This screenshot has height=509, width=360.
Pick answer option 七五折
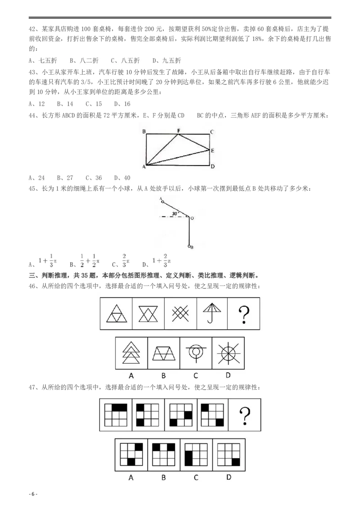click(x=42, y=60)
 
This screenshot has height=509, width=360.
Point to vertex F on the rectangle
click(x=179, y=131)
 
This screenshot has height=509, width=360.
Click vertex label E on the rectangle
click(x=212, y=151)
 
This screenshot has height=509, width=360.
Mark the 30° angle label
click(x=175, y=213)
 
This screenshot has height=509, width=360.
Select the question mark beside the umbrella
click(x=244, y=314)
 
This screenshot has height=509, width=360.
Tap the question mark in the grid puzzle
click(x=245, y=415)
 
